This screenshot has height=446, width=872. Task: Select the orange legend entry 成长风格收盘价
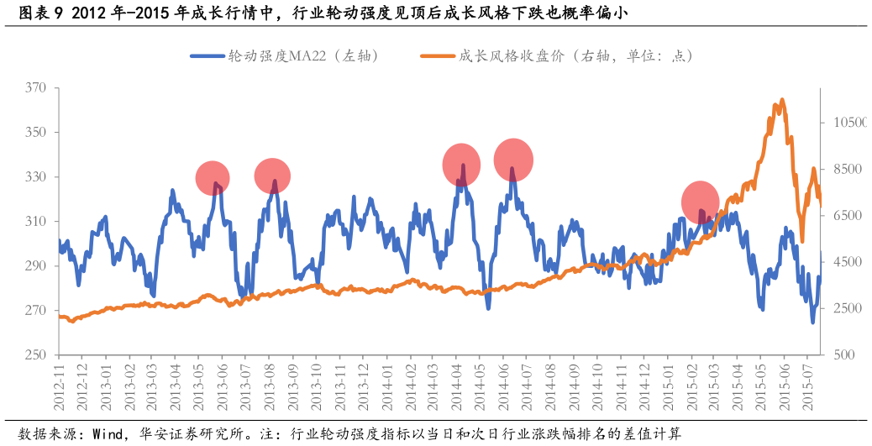556,56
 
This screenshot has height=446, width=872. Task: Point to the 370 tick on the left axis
35,88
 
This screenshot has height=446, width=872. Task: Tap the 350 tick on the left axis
35,133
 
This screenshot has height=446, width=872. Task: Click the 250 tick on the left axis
35,355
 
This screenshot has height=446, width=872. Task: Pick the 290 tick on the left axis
35,266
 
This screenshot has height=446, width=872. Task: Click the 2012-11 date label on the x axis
60,388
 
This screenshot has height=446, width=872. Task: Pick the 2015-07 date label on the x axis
808,388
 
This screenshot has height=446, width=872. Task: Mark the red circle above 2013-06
213,178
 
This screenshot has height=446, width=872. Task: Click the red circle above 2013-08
272,176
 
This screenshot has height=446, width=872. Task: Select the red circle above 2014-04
461,165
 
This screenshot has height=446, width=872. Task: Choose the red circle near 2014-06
513,160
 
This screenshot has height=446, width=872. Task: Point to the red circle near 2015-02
700,202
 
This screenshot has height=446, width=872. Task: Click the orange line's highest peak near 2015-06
781,100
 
